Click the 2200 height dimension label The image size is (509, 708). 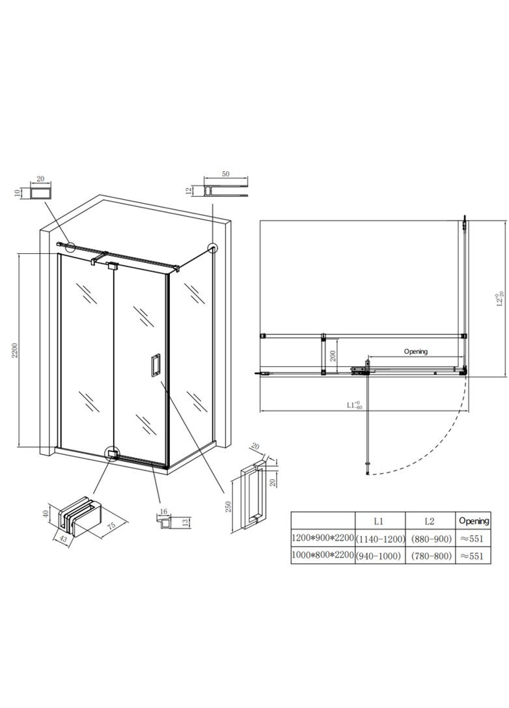pyautogui.click(x=15, y=350)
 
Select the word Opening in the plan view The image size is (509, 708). pyautogui.click(x=415, y=351)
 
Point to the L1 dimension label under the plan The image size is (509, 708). pyautogui.click(x=355, y=405)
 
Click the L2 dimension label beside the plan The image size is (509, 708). pyautogui.click(x=500, y=299)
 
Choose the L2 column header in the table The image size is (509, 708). pyautogui.click(x=429, y=521)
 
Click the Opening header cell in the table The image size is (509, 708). pyautogui.click(x=474, y=521)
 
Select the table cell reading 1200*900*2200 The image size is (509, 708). pyautogui.click(x=322, y=538)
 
